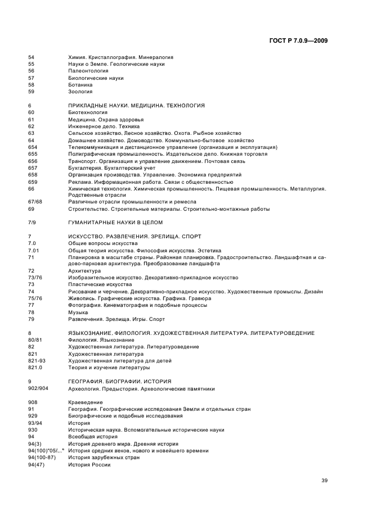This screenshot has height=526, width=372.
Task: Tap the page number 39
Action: coord(324,480)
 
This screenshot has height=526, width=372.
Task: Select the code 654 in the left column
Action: coord(33,147)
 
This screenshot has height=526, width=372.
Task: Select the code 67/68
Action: coord(35,202)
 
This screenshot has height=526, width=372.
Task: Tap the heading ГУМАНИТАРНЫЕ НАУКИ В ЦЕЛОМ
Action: coord(115,223)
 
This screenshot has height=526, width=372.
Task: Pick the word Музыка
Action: coord(78,312)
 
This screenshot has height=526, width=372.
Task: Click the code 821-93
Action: coord(37,361)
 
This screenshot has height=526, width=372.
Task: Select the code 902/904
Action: coord(38,388)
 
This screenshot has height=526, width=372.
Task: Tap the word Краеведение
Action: coord(85,402)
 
